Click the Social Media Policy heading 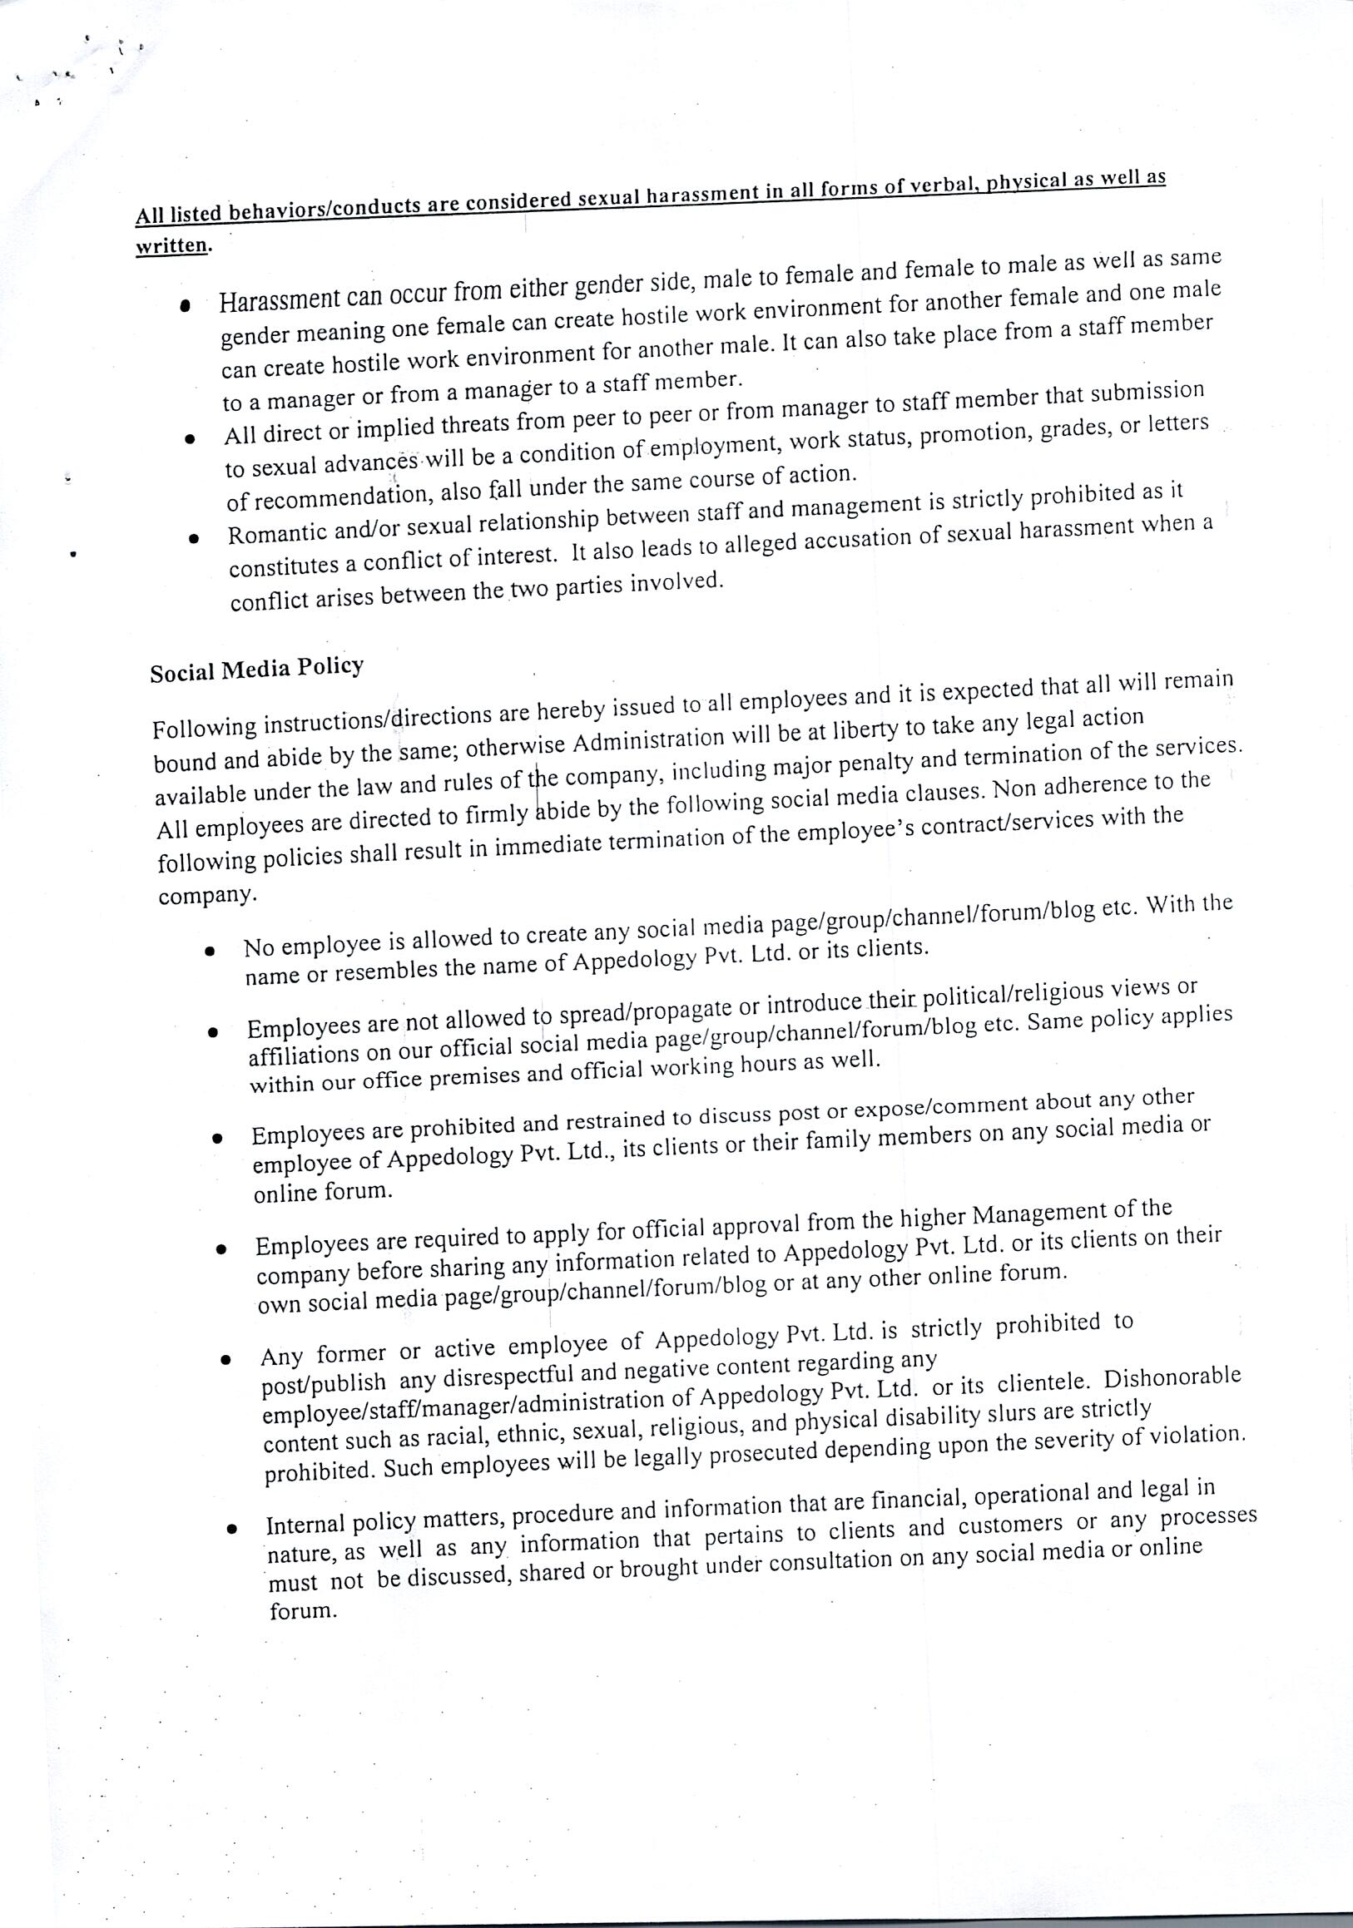[x=256, y=670]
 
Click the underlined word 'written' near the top [x=171, y=245]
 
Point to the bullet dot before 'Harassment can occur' [x=185, y=305]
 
